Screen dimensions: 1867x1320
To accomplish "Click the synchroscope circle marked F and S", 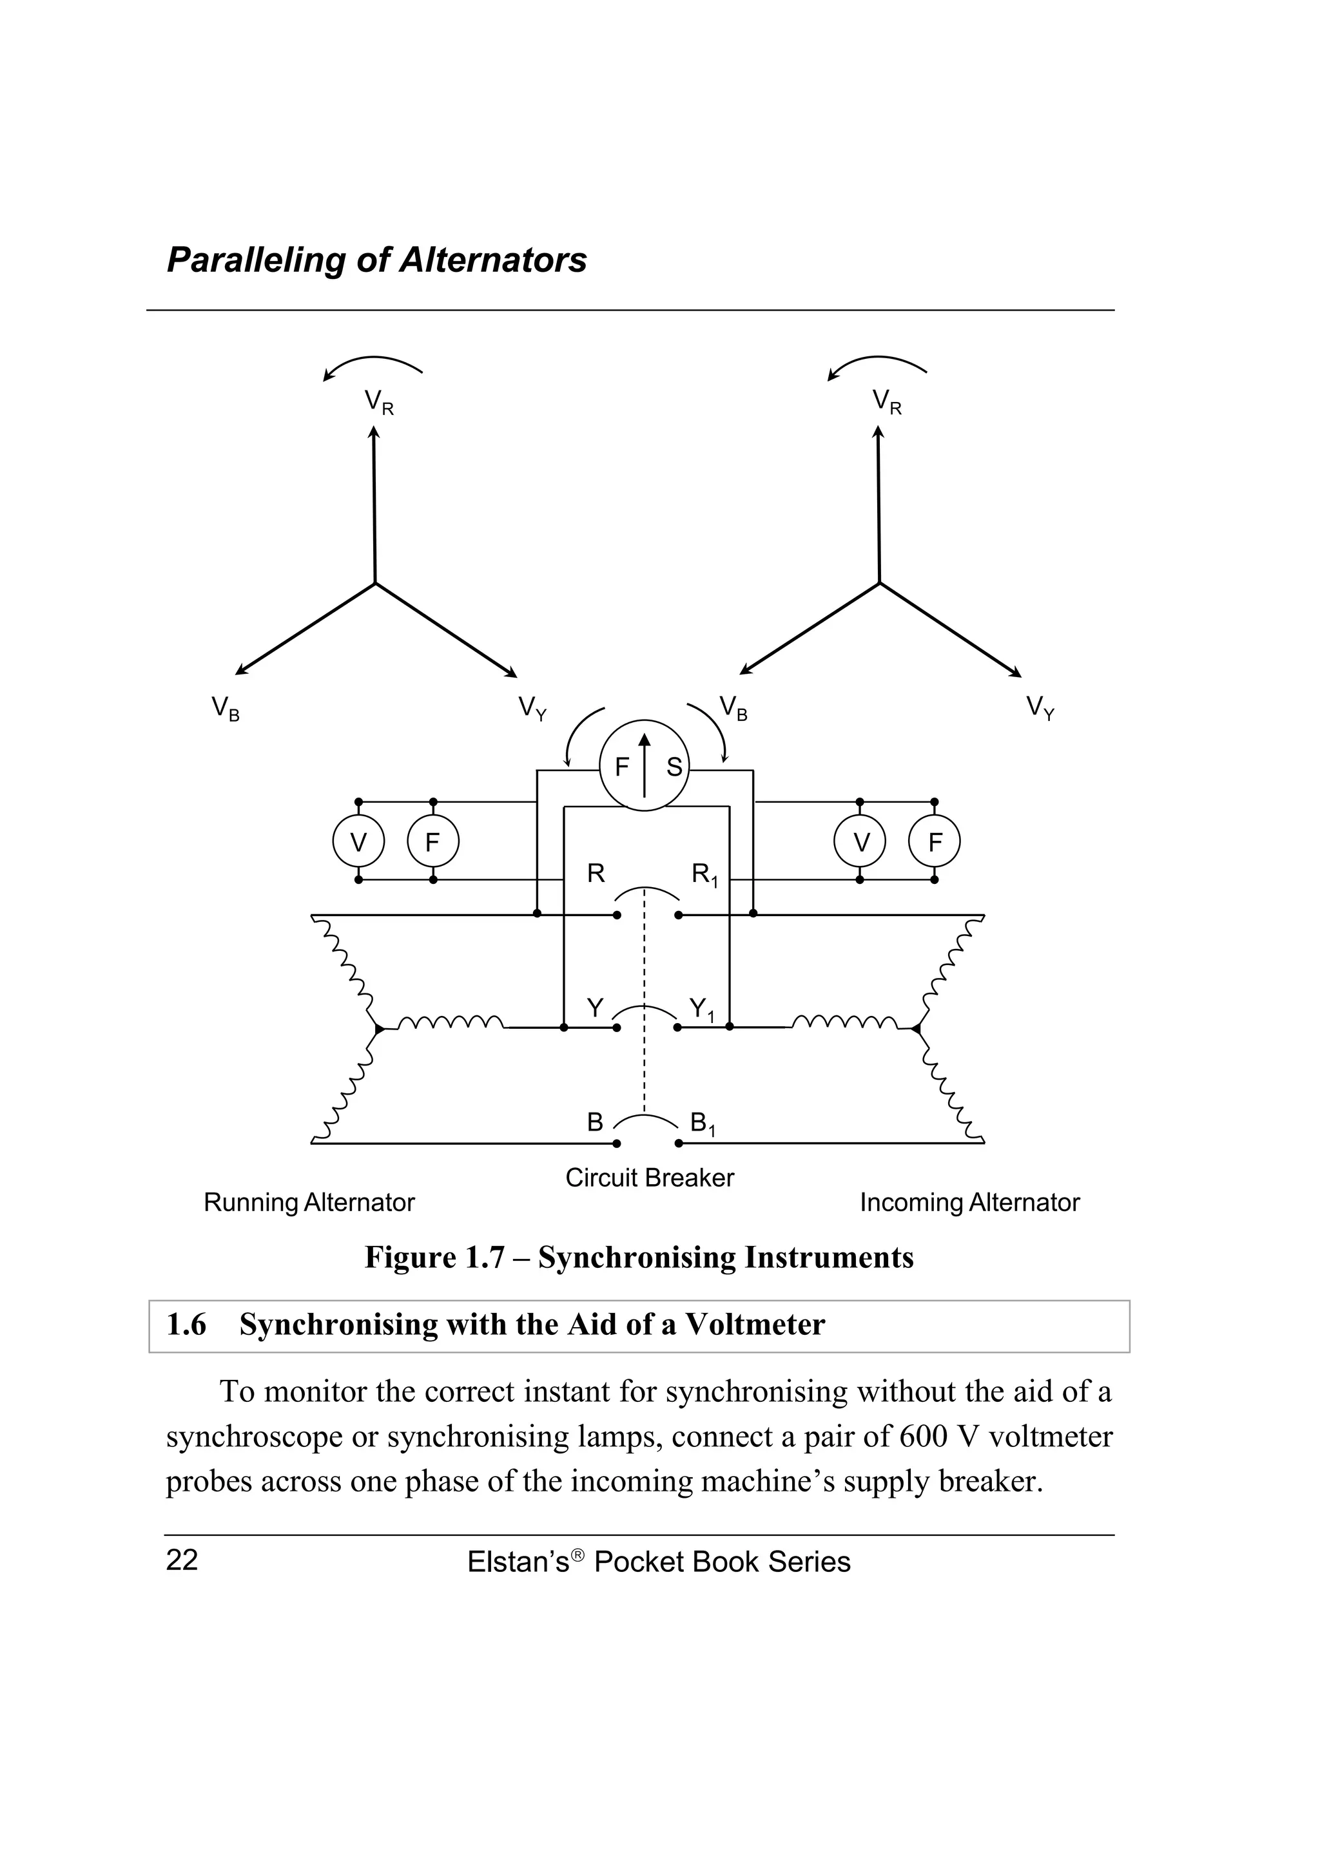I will [643, 765].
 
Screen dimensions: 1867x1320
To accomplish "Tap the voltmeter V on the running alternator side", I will [358, 841].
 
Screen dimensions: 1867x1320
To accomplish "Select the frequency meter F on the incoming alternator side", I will [934, 841].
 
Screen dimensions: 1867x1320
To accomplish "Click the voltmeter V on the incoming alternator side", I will [860, 841].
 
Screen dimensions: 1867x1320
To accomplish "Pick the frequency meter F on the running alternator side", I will [432, 841].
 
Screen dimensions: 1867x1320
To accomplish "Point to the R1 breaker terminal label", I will [704, 875].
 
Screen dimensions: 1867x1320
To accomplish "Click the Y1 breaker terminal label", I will [701, 1010].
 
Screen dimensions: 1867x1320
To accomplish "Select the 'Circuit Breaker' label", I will [649, 1178].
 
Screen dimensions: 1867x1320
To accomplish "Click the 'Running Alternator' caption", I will [309, 1203].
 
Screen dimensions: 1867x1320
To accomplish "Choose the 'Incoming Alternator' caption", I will [969, 1203].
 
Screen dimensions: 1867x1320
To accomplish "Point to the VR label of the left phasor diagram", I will [378, 403].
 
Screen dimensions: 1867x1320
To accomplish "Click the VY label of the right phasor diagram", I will [1040, 707].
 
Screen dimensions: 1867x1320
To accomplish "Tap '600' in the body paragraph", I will [922, 1437].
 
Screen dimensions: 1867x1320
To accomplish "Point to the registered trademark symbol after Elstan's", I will [577, 1554].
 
